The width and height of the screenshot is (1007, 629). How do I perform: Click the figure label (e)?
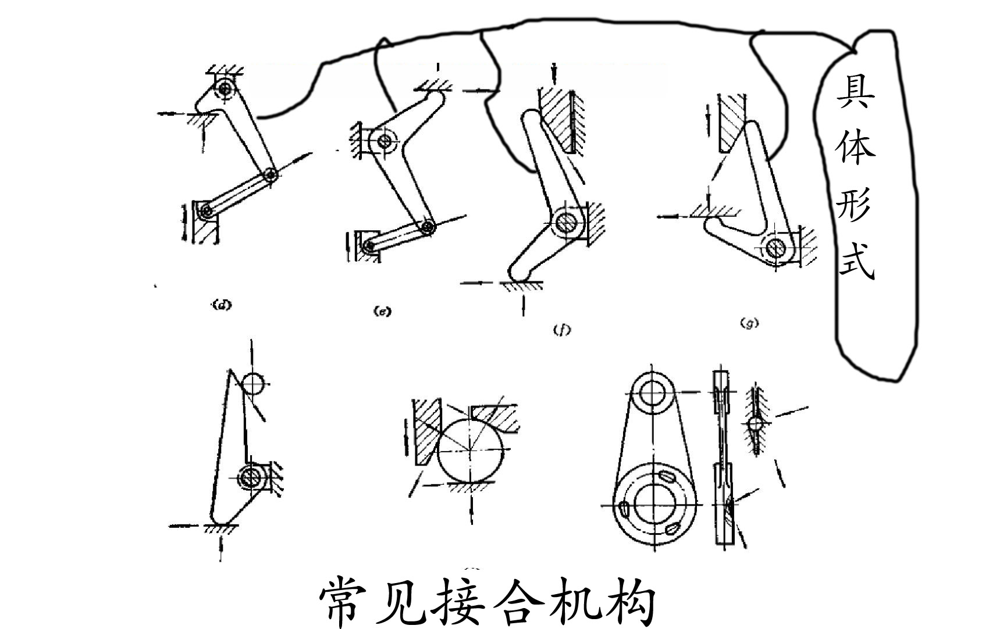(x=382, y=312)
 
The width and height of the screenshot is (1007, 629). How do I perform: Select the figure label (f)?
(x=561, y=330)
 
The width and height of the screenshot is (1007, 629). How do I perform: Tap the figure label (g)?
(x=749, y=323)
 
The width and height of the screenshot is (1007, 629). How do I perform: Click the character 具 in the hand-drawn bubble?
(x=856, y=93)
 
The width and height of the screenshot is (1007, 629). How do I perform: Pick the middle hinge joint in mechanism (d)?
(x=270, y=174)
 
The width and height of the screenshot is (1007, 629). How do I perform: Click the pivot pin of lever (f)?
(x=564, y=221)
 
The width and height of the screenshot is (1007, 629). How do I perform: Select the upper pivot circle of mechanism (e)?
(x=385, y=140)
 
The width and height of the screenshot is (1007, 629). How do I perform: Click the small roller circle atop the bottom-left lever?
(x=253, y=384)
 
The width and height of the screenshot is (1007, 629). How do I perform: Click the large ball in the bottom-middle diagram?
(x=471, y=448)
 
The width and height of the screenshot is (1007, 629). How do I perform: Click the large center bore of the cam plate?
(x=653, y=503)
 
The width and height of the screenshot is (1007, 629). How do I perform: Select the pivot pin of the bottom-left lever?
(x=252, y=477)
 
